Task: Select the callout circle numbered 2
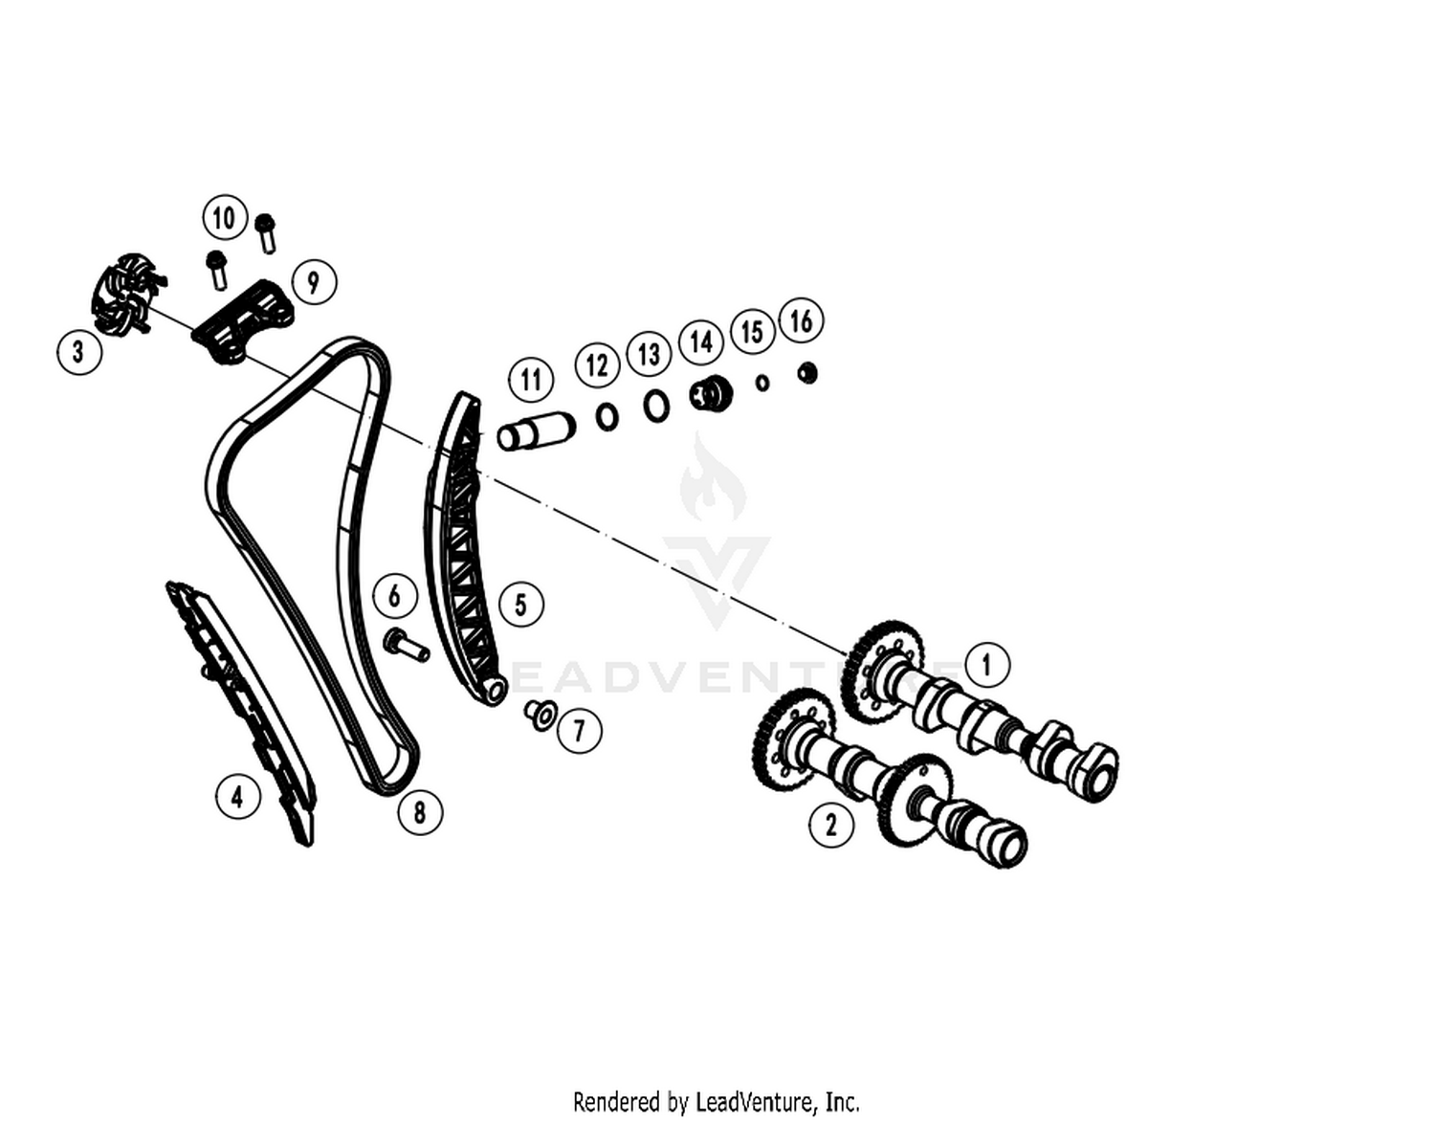pyautogui.click(x=830, y=825)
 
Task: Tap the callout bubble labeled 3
pyautogui.click(x=79, y=352)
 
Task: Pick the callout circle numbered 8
pyautogui.click(x=420, y=812)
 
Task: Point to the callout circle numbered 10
pyautogui.click(x=225, y=217)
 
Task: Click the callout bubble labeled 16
pyautogui.click(x=801, y=320)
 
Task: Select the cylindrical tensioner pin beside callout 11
pyautogui.click(x=536, y=431)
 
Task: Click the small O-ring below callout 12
pyautogui.click(x=607, y=417)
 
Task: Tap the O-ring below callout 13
pyautogui.click(x=656, y=406)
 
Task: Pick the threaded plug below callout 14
pyautogui.click(x=711, y=395)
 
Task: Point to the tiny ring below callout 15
pyautogui.click(x=762, y=383)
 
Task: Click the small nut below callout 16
pyautogui.click(x=807, y=373)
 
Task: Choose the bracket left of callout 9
pyautogui.click(x=242, y=321)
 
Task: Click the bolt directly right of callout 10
pyautogui.click(x=265, y=233)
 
